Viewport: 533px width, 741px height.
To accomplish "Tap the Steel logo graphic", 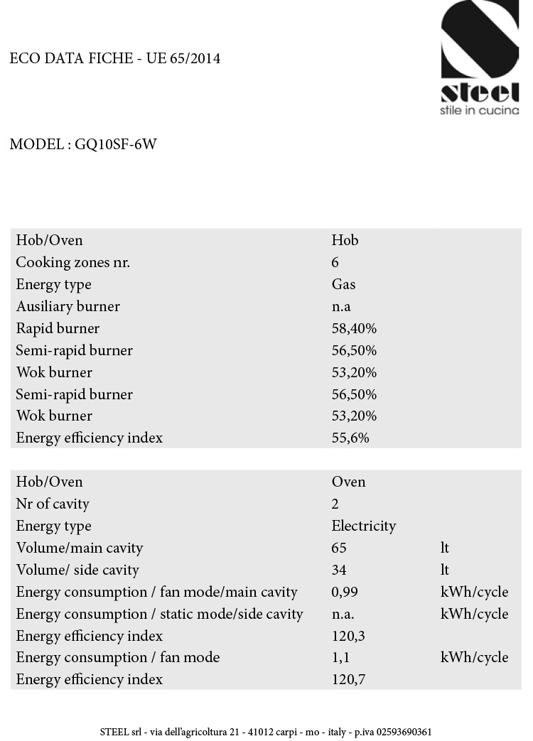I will pyautogui.click(x=480, y=50).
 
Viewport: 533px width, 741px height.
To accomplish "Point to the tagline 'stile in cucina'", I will pyautogui.click(x=480, y=110).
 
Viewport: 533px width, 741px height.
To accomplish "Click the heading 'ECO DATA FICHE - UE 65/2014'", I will pyautogui.click(x=115, y=58).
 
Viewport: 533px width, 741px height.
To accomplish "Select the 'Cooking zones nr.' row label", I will pyautogui.click(x=73, y=263).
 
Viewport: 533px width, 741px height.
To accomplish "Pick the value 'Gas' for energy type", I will pyautogui.click(x=343, y=285).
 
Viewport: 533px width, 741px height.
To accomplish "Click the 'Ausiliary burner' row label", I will pyautogui.click(x=68, y=307).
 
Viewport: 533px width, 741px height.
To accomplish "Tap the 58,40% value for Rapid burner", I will pyautogui.click(x=354, y=329).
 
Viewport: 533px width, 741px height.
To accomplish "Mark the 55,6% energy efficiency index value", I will pyautogui.click(x=350, y=438).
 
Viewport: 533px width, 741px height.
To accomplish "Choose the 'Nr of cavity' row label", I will pyautogui.click(x=53, y=504).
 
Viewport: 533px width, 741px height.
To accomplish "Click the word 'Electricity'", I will pyautogui.click(x=364, y=526).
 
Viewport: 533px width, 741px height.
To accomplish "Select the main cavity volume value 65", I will pyautogui.click(x=339, y=548).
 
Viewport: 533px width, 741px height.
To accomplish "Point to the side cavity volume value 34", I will pyautogui.click(x=339, y=570).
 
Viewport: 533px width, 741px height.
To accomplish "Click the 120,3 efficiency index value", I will pyautogui.click(x=348, y=637).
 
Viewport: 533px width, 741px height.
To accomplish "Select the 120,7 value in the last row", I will pyautogui.click(x=348, y=680).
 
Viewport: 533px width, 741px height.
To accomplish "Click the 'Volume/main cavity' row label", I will pyautogui.click(x=80, y=548).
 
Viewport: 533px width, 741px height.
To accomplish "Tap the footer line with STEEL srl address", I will pyautogui.click(x=266, y=732).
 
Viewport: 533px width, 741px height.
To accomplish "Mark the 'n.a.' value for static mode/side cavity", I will pyautogui.click(x=343, y=615).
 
